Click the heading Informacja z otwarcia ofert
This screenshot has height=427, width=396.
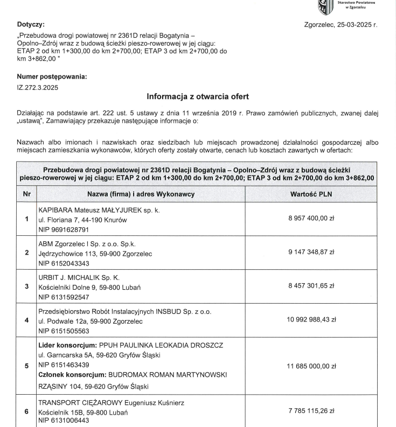pos(197,97)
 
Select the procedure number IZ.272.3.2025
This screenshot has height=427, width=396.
pos(38,86)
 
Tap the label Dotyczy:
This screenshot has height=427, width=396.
pos(31,25)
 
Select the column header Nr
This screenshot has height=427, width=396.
pos(26,193)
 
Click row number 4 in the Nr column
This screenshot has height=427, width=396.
pos(26,320)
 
